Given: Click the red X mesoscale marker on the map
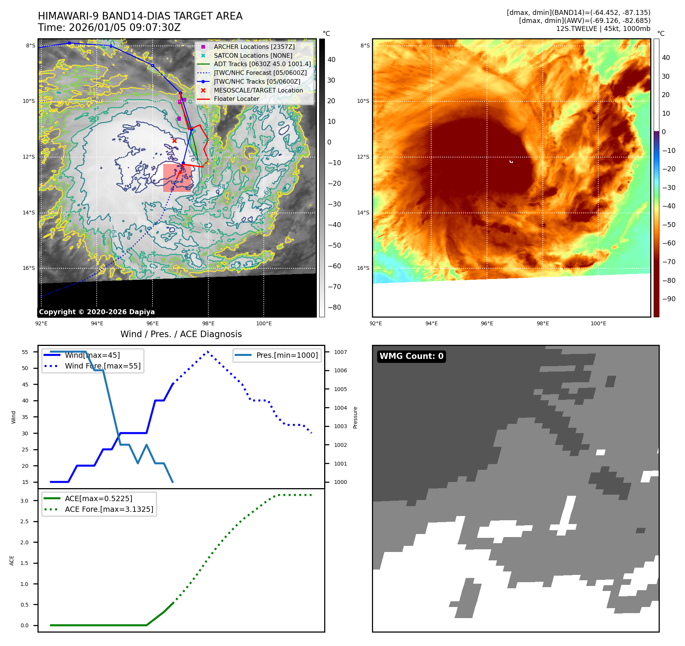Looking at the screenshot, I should click(174, 141).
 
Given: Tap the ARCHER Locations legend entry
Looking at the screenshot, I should click(254, 47).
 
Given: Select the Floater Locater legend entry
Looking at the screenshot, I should click(236, 99).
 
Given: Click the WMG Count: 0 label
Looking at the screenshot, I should click(411, 356).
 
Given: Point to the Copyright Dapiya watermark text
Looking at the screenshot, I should click(97, 312).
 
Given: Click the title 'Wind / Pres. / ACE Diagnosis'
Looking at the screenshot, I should click(181, 334).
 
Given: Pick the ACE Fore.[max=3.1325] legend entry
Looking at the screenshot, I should click(109, 509).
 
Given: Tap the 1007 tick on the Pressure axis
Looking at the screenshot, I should click(340, 352).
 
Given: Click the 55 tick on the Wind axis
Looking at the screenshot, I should click(25, 352).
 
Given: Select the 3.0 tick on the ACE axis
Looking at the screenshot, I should click(24, 501).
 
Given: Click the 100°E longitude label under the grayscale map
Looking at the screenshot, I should click(264, 323).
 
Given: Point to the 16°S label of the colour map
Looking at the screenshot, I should click(363, 268).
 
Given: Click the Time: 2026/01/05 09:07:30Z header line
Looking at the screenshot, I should click(109, 28).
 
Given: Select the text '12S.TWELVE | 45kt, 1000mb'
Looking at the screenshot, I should click(603, 29).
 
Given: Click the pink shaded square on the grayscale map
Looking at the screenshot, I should click(177, 178).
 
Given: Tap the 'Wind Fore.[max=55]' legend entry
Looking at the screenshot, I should click(102, 366).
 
